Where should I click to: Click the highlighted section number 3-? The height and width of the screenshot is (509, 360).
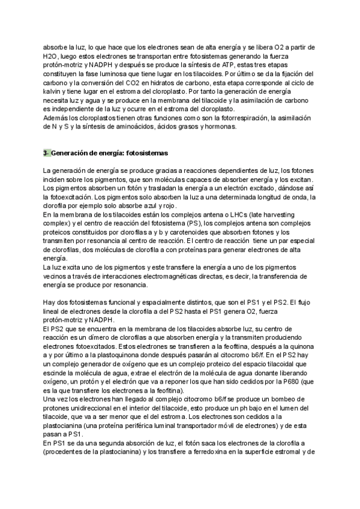47,154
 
